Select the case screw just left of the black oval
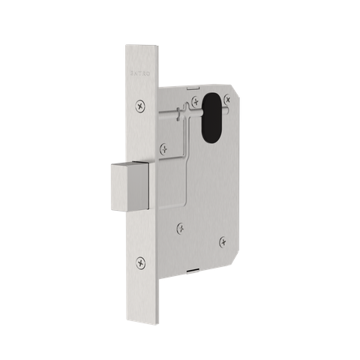pos(196,100)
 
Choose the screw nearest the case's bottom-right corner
pos(222,241)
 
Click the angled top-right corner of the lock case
pos(238,95)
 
